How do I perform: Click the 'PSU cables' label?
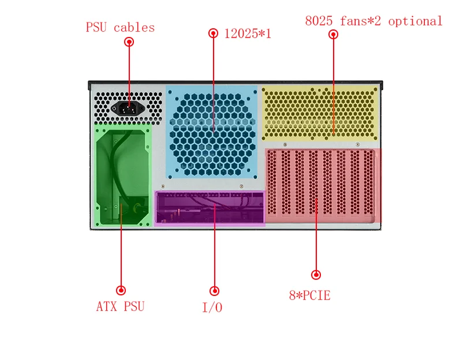120,27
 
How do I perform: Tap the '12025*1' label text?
248,34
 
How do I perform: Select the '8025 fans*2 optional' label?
373,21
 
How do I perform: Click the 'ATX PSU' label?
120,306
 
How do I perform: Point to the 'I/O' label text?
212,307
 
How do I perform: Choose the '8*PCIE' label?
309,296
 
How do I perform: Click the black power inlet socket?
129,108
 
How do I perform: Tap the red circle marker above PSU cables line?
129,42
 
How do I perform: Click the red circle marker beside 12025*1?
214,33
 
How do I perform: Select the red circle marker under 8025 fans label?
333,35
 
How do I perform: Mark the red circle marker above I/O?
214,291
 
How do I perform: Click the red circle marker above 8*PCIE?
315,275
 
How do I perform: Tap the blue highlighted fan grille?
212,132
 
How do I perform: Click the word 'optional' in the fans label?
415,21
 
